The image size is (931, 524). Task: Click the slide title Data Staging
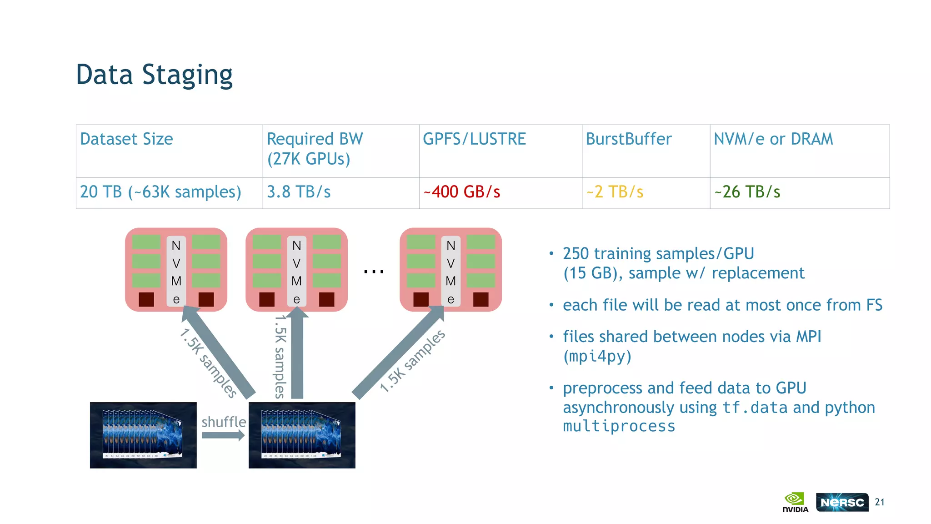point(154,75)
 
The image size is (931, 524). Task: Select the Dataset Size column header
point(126,139)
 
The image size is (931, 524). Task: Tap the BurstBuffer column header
point(628,139)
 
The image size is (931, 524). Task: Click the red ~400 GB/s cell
point(461,192)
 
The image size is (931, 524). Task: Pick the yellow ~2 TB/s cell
point(615,192)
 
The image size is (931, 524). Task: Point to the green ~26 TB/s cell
point(747,192)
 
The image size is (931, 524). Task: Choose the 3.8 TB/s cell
point(299,192)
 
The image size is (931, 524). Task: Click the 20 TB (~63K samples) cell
point(160,192)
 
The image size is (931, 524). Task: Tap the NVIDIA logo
point(795,502)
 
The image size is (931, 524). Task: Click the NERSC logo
point(842,502)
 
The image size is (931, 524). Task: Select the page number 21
point(880,502)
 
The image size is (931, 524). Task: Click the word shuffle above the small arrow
point(224,422)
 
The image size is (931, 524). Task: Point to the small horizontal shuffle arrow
point(223,435)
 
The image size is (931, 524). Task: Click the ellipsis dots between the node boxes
point(374,272)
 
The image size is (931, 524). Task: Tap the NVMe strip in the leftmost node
point(176,272)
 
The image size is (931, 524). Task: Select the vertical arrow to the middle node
point(297,355)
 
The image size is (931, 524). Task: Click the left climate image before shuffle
point(143,435)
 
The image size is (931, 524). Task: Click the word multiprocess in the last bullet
point(619,427)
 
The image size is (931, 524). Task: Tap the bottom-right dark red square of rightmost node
point(481,299)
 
